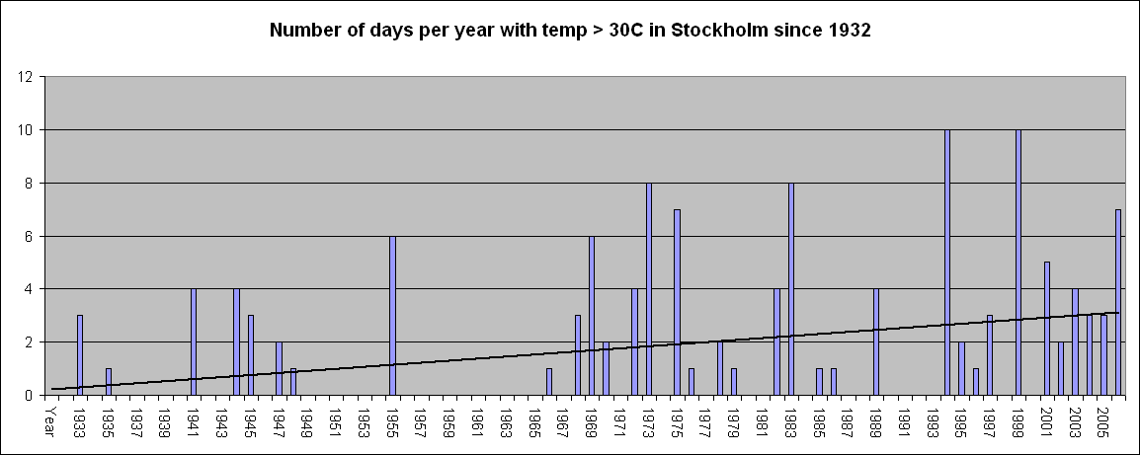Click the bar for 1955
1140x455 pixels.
392,316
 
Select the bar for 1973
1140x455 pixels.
648,289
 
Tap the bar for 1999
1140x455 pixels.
1018,263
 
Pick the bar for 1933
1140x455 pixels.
80,355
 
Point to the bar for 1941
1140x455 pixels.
194,342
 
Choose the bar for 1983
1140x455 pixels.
791,289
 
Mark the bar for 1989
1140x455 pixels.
876,342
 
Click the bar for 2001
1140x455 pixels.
1047,329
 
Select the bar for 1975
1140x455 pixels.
677,302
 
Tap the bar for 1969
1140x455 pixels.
592,316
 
